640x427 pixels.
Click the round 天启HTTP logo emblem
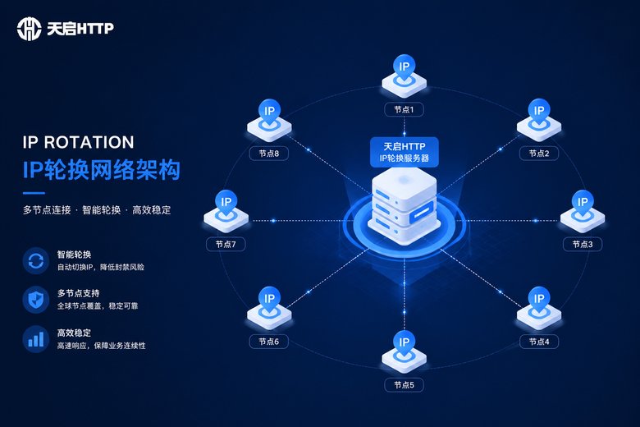pos(29,29)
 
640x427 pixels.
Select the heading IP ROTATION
pos(79,142)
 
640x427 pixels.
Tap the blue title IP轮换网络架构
pos(102,169)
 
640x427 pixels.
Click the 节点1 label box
pos(404,109)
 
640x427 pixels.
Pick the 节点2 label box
pos(539,154)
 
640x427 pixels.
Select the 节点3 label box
pos(582,245)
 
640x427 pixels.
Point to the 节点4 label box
pos(539,342)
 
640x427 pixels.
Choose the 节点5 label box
pos(404,385)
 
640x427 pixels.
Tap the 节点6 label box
pos(268,342)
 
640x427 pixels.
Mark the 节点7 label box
pos(226,245)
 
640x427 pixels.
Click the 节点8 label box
pos(268,154)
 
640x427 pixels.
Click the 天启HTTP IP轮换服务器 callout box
pos(404,152)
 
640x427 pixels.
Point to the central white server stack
pos(404,206)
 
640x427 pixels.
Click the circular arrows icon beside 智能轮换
pos(35,260)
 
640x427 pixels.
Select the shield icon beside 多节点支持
pos(35,300)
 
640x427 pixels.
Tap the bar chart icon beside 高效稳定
pos(35,339)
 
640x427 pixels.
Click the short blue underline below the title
pos(34,193)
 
